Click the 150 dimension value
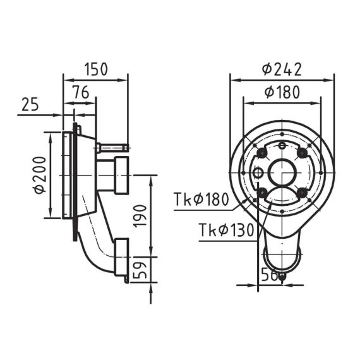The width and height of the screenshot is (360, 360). (x=96, y=69)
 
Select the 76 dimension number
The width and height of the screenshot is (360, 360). (x=81, y=92)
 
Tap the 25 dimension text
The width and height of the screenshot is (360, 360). (x=30, y=104)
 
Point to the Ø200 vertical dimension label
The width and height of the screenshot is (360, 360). (x=39, y=175)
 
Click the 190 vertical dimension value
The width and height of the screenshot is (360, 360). (x=140, y=216)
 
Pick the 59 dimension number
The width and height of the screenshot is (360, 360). (x=140, y=270)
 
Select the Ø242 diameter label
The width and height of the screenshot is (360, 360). (x=282, y=69)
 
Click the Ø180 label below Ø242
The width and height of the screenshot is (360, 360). (x=282, y=92)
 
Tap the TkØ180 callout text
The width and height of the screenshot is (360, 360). (x=201, y=199)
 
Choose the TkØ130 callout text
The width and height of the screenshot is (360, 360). (x=226, y=230)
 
